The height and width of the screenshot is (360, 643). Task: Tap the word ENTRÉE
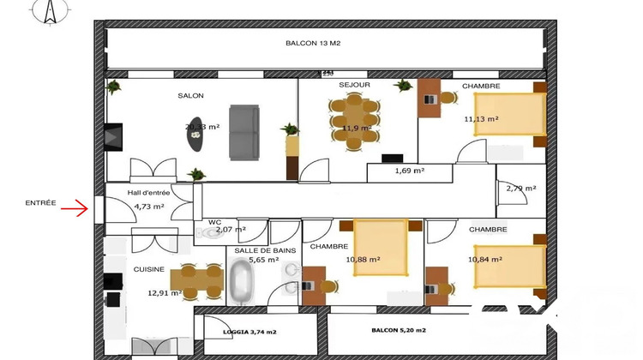(40, 203)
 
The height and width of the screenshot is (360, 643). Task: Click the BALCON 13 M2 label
(312, 43)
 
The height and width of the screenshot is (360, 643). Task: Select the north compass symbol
(50, 11)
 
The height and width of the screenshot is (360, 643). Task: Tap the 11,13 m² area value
(481, 120)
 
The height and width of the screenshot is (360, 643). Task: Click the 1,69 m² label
(410, 171)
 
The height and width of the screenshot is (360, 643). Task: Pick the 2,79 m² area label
(520, 188)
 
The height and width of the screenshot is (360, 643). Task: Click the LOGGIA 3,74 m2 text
(250, 330)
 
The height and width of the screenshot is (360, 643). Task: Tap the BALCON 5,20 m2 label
(399, 329)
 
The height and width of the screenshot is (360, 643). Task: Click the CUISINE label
(148, 268)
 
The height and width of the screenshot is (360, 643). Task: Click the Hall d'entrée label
(148, 193)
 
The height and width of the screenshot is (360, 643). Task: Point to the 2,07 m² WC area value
(231, 230)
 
